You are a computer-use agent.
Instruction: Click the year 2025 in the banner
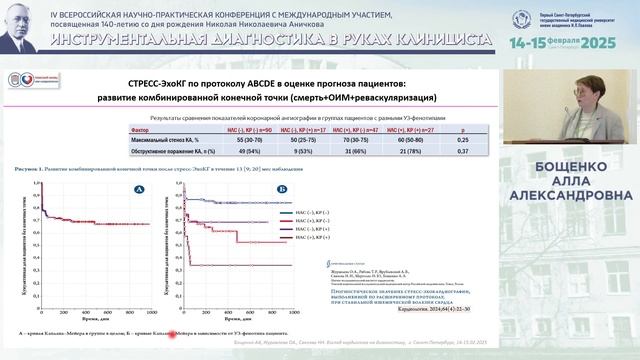(x=605, y=45)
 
